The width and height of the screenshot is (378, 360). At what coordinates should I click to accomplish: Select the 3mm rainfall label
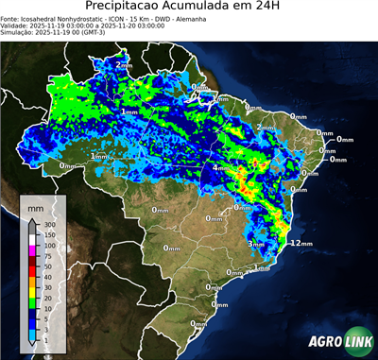(x=256, y=244)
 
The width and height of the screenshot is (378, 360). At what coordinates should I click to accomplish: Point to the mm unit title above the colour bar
(x=36, y=205)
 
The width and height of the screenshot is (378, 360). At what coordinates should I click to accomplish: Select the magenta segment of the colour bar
(x=32, y=250)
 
